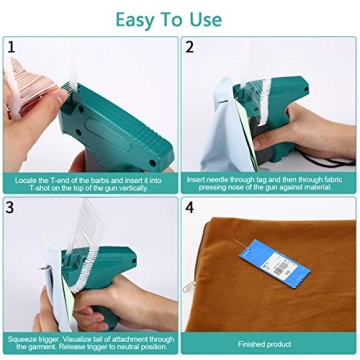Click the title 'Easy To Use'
coord(179,18)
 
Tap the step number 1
coord(12,46)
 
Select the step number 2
coord(190,46)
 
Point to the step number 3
coord(12,208)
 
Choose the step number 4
coord(190,208)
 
